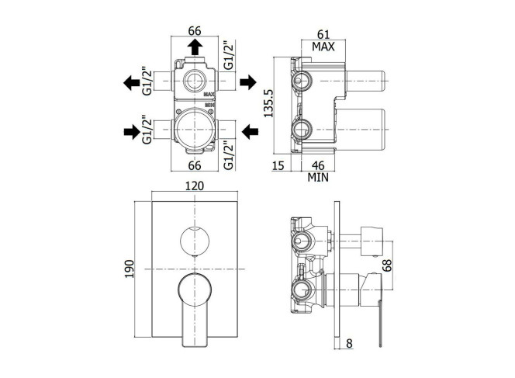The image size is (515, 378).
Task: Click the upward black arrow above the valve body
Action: tap(195, 47)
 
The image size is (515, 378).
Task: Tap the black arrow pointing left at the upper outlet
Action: tap(131, 82)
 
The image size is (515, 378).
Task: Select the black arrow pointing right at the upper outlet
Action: tap(248, 81)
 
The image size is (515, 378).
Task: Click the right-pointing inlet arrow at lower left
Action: tap(132, 132)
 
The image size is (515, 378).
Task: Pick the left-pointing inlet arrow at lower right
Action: tap(250, 131)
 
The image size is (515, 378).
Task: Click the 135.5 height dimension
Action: tap(268, 103)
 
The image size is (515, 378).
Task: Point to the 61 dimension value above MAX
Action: tap(323, 34)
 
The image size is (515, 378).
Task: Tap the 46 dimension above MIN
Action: tap(317, 165)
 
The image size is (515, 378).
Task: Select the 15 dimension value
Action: tap(278, 165)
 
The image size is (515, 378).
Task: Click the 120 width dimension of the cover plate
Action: tap(195, 186)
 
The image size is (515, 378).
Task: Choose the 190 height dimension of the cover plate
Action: tap(129, 269)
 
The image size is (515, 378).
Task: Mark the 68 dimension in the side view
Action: tap(387, 265)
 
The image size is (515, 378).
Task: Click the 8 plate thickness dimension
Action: tap(349, 344)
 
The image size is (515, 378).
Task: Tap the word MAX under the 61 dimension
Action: tap(323, 47)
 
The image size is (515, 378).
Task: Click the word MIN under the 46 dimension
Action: tap(318, 178)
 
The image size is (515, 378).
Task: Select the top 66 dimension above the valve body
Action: tap(195, 31)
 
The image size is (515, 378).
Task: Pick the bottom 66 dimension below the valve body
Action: tap(195, 165)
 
